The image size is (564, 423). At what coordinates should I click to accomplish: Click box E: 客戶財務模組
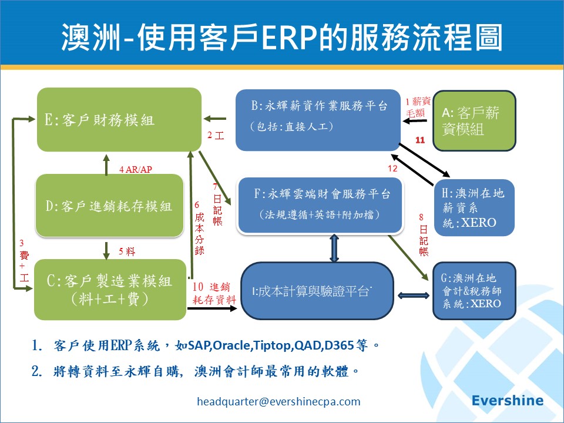click(119, 119)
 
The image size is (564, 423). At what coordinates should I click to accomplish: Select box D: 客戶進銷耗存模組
click(109, 206)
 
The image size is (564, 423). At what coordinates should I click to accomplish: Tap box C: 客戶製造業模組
click(110, 290)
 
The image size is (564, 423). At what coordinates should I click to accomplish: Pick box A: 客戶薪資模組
click(475, 121)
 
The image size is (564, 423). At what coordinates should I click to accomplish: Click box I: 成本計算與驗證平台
click(317, 291)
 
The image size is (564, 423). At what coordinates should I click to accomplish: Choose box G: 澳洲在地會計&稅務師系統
click(474, 291)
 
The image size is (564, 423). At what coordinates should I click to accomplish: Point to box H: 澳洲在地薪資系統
click(474, 207)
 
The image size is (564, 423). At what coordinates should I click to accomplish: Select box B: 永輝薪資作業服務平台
click(318, 120)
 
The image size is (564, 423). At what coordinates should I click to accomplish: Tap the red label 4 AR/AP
click(136, 169)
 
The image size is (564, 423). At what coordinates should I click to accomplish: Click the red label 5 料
click(127, 251)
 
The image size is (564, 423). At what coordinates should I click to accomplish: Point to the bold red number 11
click(420, 140)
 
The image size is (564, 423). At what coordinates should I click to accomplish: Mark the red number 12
click(393, 168)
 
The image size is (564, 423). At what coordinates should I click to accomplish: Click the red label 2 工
click(216, 135)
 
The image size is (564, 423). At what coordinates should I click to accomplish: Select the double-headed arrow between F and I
click(334, 248)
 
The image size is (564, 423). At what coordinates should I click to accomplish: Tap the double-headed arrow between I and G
click(413, 296)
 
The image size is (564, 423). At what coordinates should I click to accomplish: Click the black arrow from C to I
click(212, 308)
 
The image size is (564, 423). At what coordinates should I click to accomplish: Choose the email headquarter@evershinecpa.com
click(278, 401)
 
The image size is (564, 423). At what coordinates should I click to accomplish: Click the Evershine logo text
click(508, 400)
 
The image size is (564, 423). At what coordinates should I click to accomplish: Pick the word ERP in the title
click(290, 38)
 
